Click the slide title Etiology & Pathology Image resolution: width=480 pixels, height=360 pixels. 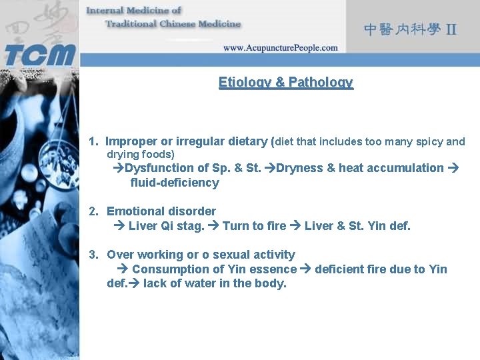point(285,82)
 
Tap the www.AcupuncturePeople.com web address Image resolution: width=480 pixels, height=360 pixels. point(280,48)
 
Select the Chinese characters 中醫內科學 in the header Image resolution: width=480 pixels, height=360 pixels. point(402,29)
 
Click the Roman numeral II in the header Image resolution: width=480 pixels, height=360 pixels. point(451,29)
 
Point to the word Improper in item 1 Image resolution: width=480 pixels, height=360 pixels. point(131,141)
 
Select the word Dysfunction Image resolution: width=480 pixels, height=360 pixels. point(158,168)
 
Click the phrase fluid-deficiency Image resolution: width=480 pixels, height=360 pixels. point(175,183)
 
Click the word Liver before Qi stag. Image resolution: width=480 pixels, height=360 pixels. point(143,226)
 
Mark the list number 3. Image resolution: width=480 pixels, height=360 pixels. point(93,255)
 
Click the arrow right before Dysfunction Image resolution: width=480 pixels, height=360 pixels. point(119,168)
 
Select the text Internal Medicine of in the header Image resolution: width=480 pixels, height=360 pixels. point(134,11)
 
